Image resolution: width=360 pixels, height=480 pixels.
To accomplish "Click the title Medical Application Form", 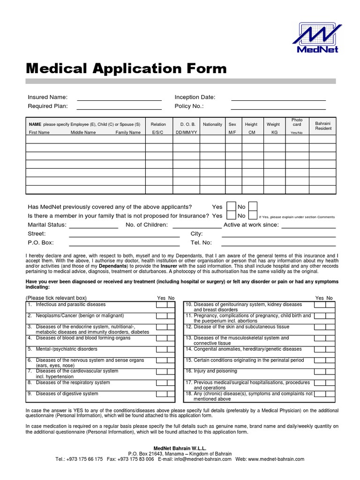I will pos(127,68).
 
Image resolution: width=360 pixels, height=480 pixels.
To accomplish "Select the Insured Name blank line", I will pos(119,97).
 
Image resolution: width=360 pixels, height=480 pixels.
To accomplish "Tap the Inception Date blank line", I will pos(278,97).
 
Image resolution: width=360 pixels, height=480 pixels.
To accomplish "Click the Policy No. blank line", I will pos(278,106).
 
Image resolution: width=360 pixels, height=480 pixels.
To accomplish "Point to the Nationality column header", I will pos(212,125).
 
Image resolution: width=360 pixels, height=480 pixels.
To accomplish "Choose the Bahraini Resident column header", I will pos(323,126).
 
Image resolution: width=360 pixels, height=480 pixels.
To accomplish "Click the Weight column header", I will pos(273,125).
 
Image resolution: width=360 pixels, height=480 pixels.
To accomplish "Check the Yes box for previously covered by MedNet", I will pos(231,207).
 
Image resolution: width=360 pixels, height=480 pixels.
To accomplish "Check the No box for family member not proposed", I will pos(253,216).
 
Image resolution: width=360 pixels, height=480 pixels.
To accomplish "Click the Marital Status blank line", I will pos(93,225).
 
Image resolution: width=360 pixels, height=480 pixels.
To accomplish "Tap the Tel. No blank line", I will pos(278,243).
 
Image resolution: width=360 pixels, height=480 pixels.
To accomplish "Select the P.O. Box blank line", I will pos(124,243).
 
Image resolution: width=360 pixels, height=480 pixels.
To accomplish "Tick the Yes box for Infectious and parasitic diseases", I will pos(161,305).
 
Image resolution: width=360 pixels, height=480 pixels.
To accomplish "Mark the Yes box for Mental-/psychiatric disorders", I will pos(161,350).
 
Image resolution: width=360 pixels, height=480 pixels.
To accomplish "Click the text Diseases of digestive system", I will pos(67,394).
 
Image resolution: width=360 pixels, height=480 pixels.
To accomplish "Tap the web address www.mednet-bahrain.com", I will pos(276,459).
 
